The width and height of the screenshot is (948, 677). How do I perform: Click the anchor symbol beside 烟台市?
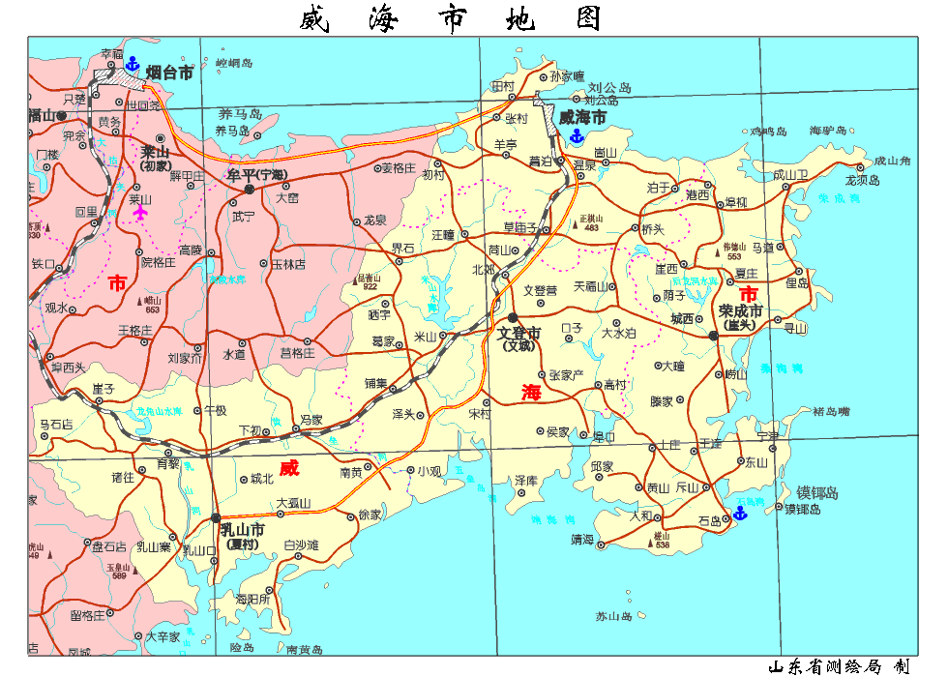point(132,65)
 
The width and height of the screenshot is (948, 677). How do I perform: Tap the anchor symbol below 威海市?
point(577,136)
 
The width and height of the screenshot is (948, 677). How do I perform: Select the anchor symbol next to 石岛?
point(741,513)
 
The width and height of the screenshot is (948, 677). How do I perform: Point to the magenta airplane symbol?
point(142,212)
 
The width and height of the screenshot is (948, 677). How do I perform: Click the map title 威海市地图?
point(451,18)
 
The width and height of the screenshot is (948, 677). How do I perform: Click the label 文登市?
point(519,333)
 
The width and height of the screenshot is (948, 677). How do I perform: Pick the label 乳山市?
point(242,530)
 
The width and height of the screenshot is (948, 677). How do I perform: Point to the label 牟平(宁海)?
point(257,175)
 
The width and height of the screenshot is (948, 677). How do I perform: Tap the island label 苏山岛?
point(613,616)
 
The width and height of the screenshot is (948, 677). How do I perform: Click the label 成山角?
point(891,162)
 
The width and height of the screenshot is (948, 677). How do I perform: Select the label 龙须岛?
point(862,180)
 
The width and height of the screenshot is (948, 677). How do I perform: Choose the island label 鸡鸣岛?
point(769,131)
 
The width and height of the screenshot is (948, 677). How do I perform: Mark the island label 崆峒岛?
point(234,63)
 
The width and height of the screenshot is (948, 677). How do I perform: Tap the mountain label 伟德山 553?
point(734,250)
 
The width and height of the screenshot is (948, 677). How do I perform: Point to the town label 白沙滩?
point(301,546)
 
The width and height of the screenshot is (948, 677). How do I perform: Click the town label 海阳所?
point(252,600)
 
